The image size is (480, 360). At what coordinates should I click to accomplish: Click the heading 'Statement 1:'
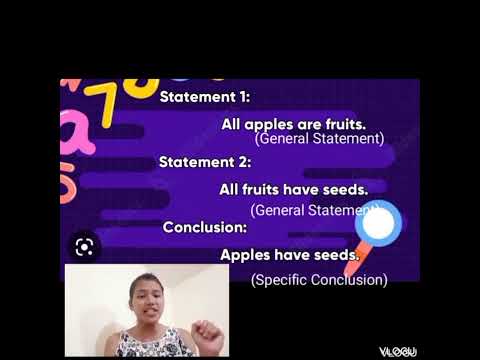pos(205,97)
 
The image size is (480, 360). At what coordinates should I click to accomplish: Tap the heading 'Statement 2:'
pos(205,161)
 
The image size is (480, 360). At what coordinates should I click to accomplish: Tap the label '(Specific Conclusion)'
pos(319,280)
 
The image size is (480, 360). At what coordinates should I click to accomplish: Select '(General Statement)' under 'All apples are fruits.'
pos(319,139)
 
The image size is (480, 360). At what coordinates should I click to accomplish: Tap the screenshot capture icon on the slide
pos(85,246)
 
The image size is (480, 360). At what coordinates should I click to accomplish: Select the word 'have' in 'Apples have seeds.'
pos(298,255)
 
